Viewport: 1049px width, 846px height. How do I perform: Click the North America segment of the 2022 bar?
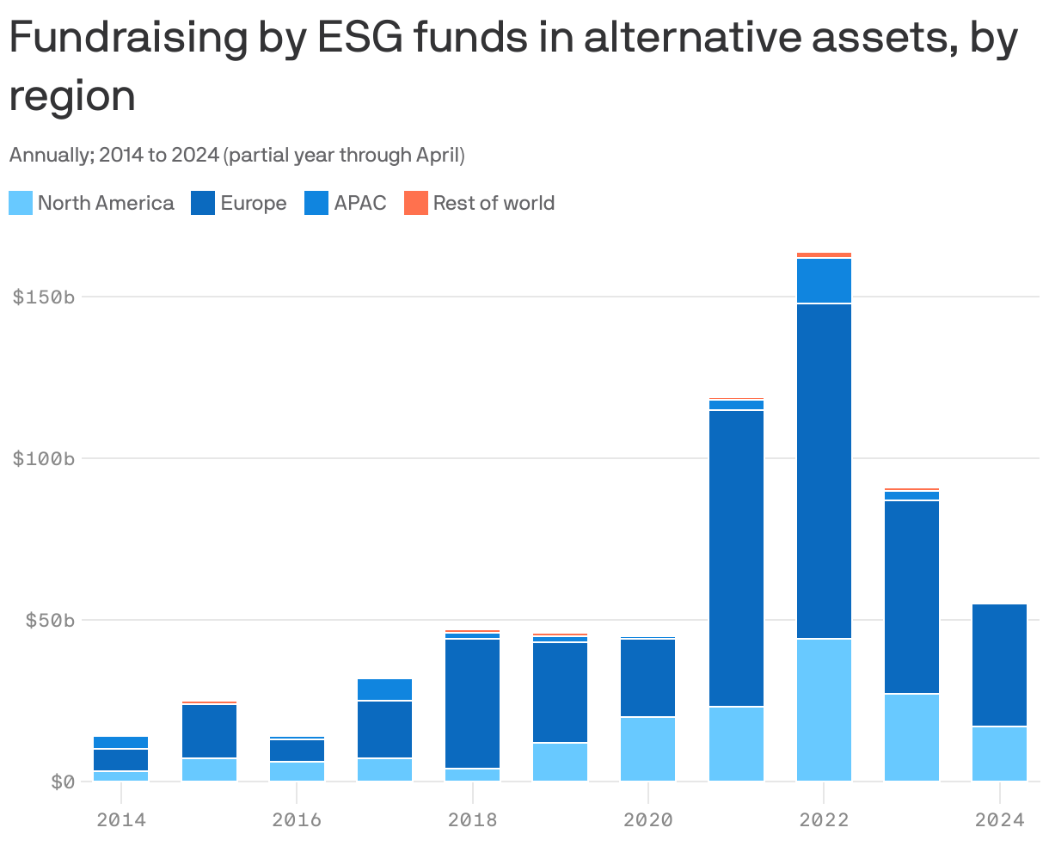coord(824,709)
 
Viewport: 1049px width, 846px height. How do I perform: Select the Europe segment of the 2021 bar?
coord(736,558)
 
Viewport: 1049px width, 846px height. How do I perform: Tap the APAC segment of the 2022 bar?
coord(824,280)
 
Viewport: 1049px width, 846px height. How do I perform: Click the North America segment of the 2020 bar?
coord(647,749)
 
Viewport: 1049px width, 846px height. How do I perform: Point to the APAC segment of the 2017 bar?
coord(384,690)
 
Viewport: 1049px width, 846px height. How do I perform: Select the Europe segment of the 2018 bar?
coord(472,703)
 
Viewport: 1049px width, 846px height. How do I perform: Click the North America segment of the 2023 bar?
coord(911,737)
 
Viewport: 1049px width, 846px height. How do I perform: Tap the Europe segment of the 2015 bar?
coord(209,731)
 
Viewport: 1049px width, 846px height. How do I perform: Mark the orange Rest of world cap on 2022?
coord(824,255)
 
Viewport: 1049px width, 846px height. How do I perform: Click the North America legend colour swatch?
coord(21,204)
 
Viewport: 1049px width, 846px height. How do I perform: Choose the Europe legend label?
coord(253,204)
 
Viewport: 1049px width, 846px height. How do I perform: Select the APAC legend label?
coord(360,204)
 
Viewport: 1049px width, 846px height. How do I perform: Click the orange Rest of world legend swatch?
coord(415,204)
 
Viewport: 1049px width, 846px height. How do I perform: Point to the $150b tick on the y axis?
coord(44,297)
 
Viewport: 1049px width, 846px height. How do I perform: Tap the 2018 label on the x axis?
coord(472,819)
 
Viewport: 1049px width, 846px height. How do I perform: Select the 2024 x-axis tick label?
coord(999,819)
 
